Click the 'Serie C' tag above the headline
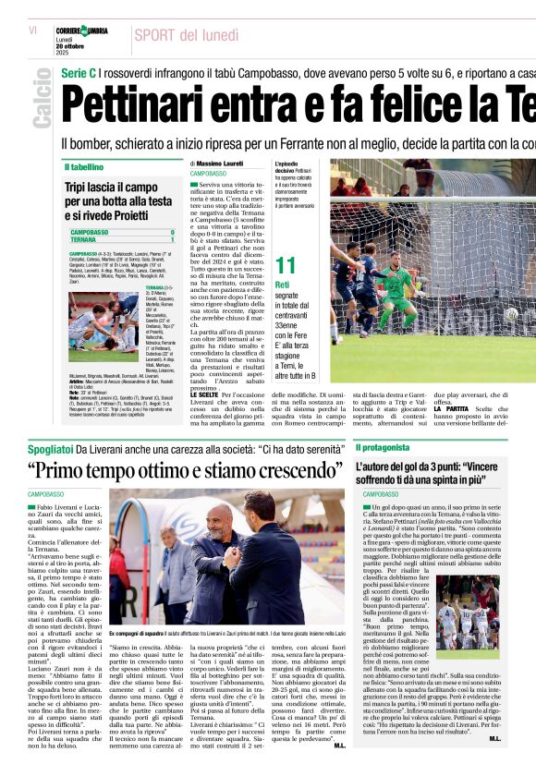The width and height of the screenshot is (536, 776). tap(78, 73)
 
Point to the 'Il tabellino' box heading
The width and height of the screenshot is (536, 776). tap(84, 167)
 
